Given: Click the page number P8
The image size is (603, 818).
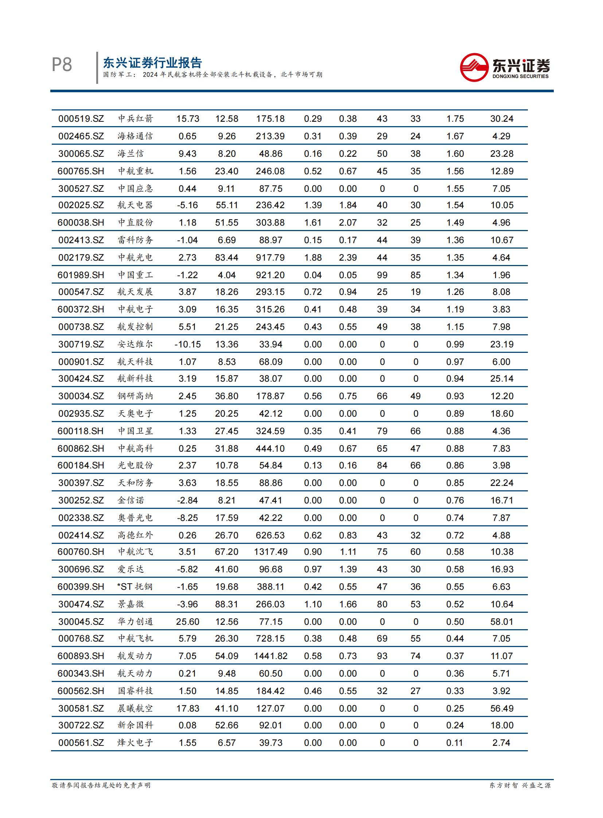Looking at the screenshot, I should (62, 65).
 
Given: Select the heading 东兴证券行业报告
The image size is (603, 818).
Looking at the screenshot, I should (152, 63).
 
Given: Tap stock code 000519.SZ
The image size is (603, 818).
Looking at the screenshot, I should (81, 118).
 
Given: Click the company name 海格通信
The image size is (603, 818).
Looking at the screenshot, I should (135, 136).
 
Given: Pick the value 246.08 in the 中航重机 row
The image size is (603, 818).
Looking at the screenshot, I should (270, 171).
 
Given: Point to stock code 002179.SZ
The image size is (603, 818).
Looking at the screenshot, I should (81, 257).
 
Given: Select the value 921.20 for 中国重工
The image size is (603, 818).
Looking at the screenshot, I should (270, 275).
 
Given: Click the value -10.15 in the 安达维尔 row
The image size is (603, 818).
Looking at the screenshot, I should (187, 344).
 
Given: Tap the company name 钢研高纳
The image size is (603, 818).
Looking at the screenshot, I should (135, 396).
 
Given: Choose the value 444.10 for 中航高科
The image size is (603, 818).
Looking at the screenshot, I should (270, 448).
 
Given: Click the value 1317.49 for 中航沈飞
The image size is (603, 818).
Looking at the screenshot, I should (271, 552).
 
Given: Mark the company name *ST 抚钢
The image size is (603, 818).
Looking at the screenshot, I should (134, 587).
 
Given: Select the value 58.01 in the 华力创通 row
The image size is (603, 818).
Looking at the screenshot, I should (502, 622).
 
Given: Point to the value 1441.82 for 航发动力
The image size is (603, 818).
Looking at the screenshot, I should (271, 656).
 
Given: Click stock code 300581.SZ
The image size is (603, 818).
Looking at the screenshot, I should (81, 709).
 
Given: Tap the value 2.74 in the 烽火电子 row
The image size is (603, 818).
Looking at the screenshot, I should (501, 743).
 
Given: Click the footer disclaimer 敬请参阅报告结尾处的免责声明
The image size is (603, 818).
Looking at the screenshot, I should (101, 785).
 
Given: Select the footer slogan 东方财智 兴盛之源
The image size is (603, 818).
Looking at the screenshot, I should (520, 785).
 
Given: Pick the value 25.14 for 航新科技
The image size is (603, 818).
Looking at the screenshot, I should (502, 378).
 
